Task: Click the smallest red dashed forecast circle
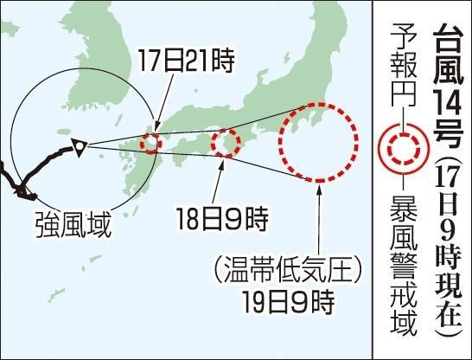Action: [151, 143]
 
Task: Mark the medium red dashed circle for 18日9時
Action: [226, 143]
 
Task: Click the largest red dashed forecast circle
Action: [317, 143]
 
